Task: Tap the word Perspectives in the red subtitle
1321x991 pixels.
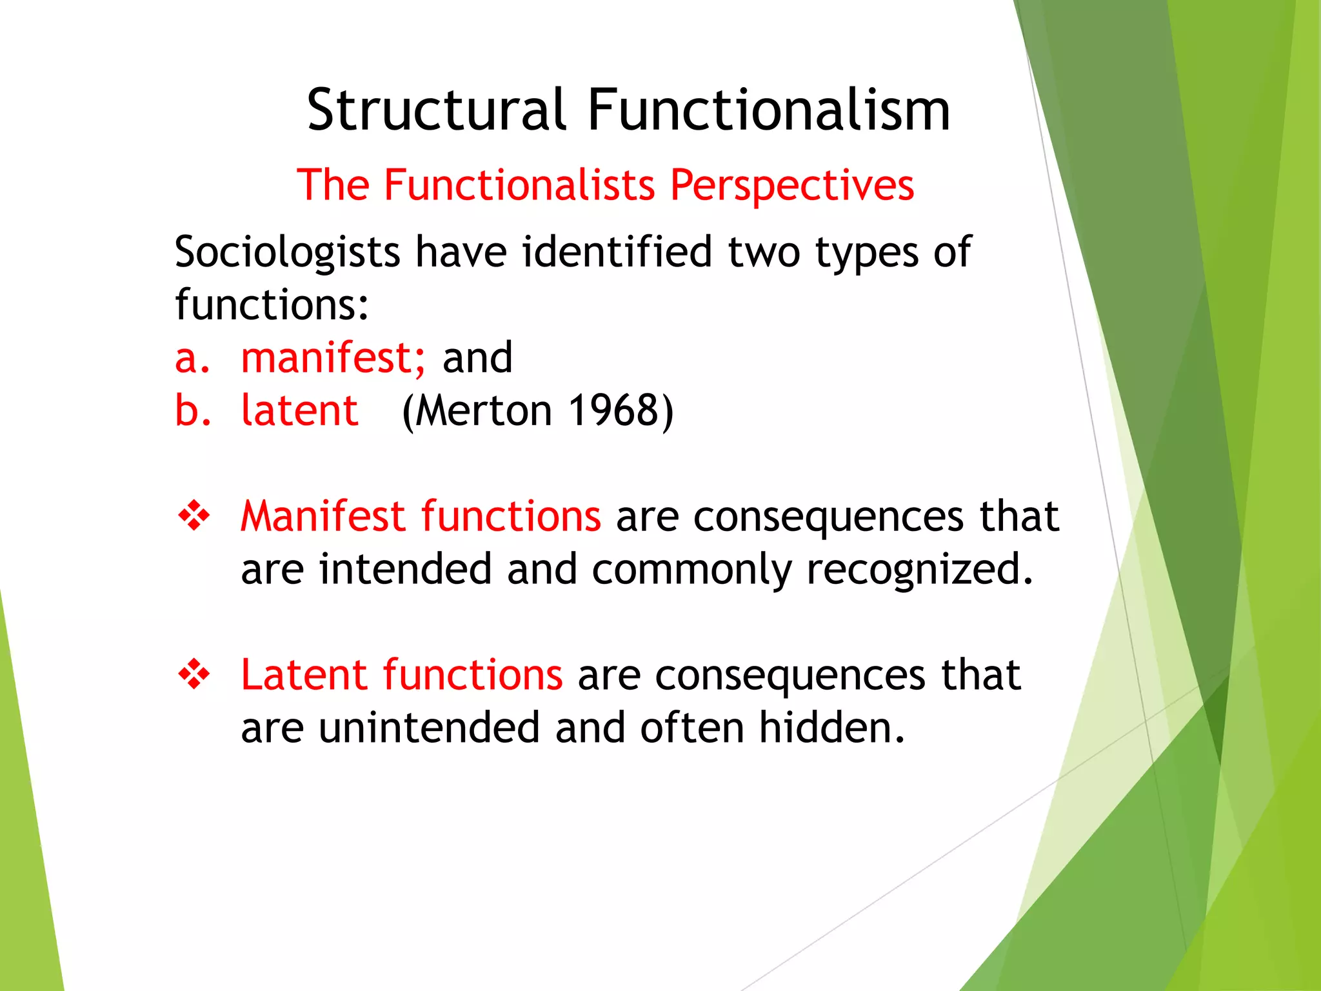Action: [x=792, y=186]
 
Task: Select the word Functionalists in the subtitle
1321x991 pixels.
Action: [x=519, y=186]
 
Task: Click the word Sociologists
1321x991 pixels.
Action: [x=287, y=252]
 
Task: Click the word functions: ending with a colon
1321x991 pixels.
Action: [x=272, y=305]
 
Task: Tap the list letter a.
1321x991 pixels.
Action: [x=192, y=359]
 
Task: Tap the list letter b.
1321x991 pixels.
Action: [x=192, y=410]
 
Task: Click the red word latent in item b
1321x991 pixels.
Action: [x=299, y=410]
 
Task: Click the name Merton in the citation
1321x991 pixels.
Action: [x=484, y=410]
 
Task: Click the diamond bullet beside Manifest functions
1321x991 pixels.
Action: [x=194, y=517]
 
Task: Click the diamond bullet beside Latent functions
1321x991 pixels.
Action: [x=194, y=675]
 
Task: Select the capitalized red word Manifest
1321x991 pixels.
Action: [x=323, y=516]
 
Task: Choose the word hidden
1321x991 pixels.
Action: [x=831, y=728]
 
